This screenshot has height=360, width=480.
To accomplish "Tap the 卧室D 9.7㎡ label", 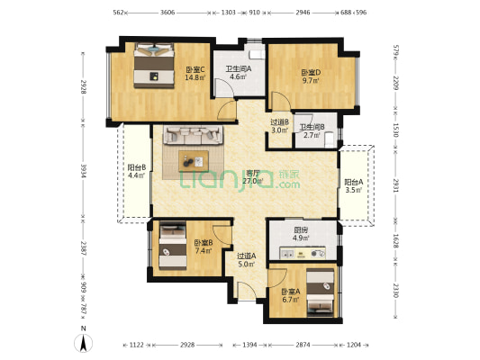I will point(311,76).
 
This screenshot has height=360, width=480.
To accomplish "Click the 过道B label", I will point(279,127).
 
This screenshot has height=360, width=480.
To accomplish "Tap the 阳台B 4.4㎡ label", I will point(137,171).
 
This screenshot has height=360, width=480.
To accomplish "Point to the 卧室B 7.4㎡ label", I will point(203,247).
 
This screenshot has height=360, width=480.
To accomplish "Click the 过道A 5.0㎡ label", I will point(247,260).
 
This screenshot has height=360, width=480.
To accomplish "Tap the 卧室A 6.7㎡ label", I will point(289,296).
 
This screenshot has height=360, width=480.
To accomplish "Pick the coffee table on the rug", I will point(193,162).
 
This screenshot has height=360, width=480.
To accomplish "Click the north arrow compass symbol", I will point(84,341).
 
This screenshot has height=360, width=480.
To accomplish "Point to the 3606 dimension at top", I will point(168,13).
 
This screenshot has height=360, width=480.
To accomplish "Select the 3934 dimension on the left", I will point(82,171).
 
